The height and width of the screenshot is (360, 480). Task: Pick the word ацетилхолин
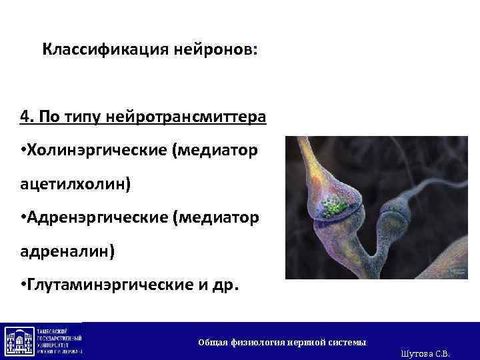(71, 184)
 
